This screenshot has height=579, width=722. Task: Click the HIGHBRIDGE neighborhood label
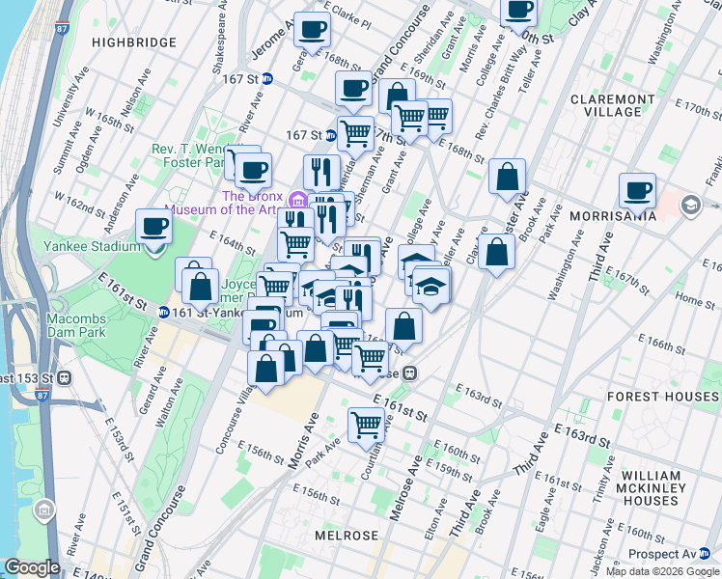[134, 42]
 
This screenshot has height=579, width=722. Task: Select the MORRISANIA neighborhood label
[612, 215]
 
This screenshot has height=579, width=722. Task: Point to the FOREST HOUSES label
[662, 397]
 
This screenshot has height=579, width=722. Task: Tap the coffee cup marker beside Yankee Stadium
[154, 228]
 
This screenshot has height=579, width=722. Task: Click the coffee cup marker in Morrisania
[637, 191]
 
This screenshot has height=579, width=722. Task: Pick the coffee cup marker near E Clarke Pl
[311, 30]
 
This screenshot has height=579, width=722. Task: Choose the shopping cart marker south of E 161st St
[366, 423]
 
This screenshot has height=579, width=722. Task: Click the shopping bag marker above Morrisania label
[507, 177]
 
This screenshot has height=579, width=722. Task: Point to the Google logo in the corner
[32, 567]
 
